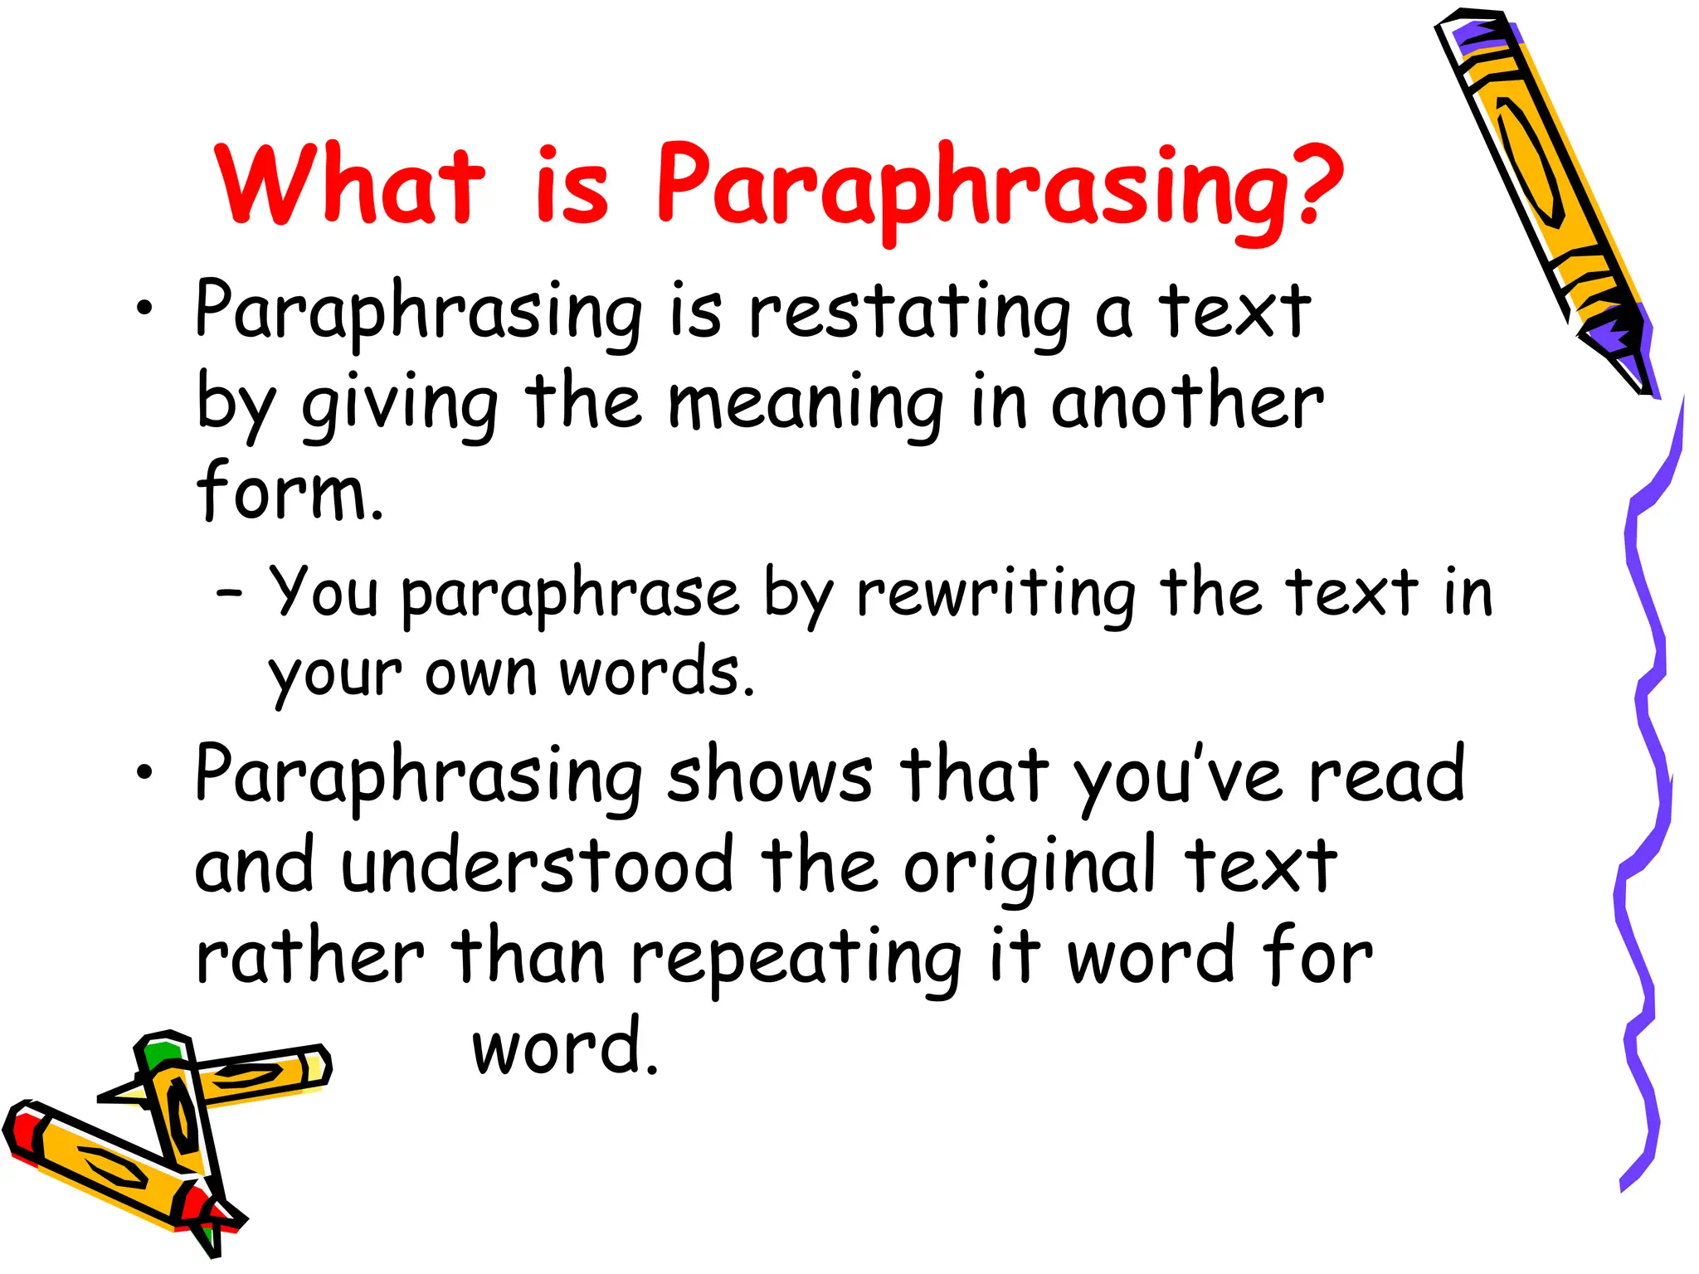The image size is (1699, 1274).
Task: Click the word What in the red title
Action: click(x=348, y=184)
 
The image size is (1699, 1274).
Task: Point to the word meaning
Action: click(x=806, y=404)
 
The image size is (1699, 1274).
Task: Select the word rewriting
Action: click(x=995, y=594)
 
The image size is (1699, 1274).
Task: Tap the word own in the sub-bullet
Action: click(x=481, y=673)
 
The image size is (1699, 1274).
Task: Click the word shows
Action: click(x=770, y=776)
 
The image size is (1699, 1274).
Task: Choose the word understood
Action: click(x=538, y=866)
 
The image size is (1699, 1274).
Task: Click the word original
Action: click(x=1030, y=868)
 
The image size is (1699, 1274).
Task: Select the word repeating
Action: click(x=796, y=959)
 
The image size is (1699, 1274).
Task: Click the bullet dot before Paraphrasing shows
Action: click(x=145, y=773)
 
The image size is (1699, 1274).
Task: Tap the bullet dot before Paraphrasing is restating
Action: click(x=145, y=309)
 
